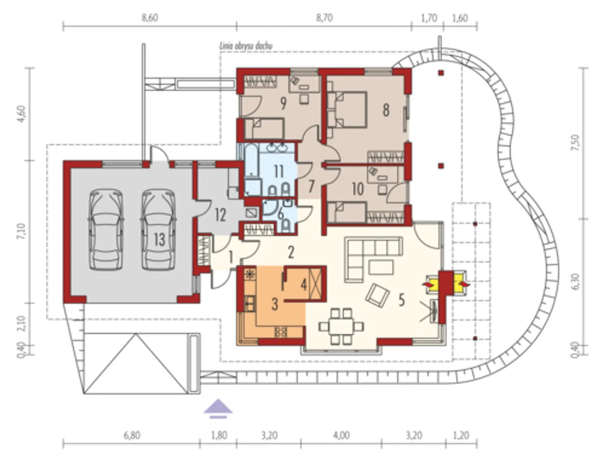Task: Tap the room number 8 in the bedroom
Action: pyautogui.click(x=386, y=110)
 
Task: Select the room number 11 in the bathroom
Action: pyautogui.click(x=279, y=171)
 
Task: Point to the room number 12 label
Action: pyautogui.click(x=221, y=215)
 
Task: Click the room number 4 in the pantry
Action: pyautogui.click(x=303, y=284)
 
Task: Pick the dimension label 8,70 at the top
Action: pyautogui.click(x=324, y=18)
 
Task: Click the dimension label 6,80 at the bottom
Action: pyautogui.click(x=132, y=435)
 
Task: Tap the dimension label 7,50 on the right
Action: pyautogui.click(x=576, y=143)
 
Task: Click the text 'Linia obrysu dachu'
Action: pyautogui.click(x=246, y=46)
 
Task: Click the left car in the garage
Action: pyautogui.click(x=106, y=230)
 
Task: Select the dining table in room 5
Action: pyautogui.click(x=341, y=327)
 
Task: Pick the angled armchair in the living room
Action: pyautogui.click(x=377, y=295)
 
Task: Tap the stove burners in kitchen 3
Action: pyautogui.click(x=281, y=332)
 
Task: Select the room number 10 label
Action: pyautogui.click(x=358, y=189)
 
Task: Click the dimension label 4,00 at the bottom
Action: pyautogui.click(x=341, y=435)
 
